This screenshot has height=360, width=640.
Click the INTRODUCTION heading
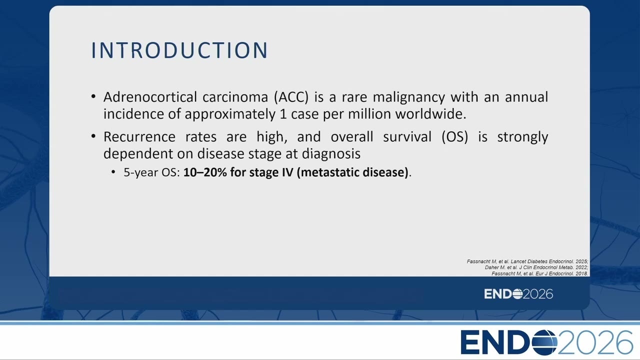(179, 50)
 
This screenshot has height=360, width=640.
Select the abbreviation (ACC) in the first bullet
(291, 97)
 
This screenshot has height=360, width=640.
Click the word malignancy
(409, 97)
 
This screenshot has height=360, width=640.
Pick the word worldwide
(430, 113)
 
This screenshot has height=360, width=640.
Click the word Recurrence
(139, 136)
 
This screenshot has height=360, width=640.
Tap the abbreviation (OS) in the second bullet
(455, 137)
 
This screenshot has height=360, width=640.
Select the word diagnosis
(331, 153)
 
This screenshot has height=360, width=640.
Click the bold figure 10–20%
(205, 172)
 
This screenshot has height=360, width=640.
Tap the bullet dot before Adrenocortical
(93, 96)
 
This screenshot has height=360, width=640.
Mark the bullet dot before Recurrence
(93, 136)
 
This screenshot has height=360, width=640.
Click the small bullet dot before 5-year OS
(113, 172)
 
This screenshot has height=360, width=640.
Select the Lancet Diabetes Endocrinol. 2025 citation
(527, 261)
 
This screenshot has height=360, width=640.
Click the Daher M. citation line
(536, 267)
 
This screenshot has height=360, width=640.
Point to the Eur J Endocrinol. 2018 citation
(539, 273)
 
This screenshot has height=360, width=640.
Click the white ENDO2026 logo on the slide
(518, 294)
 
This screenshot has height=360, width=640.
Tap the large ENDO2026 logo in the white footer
(547, 342)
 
